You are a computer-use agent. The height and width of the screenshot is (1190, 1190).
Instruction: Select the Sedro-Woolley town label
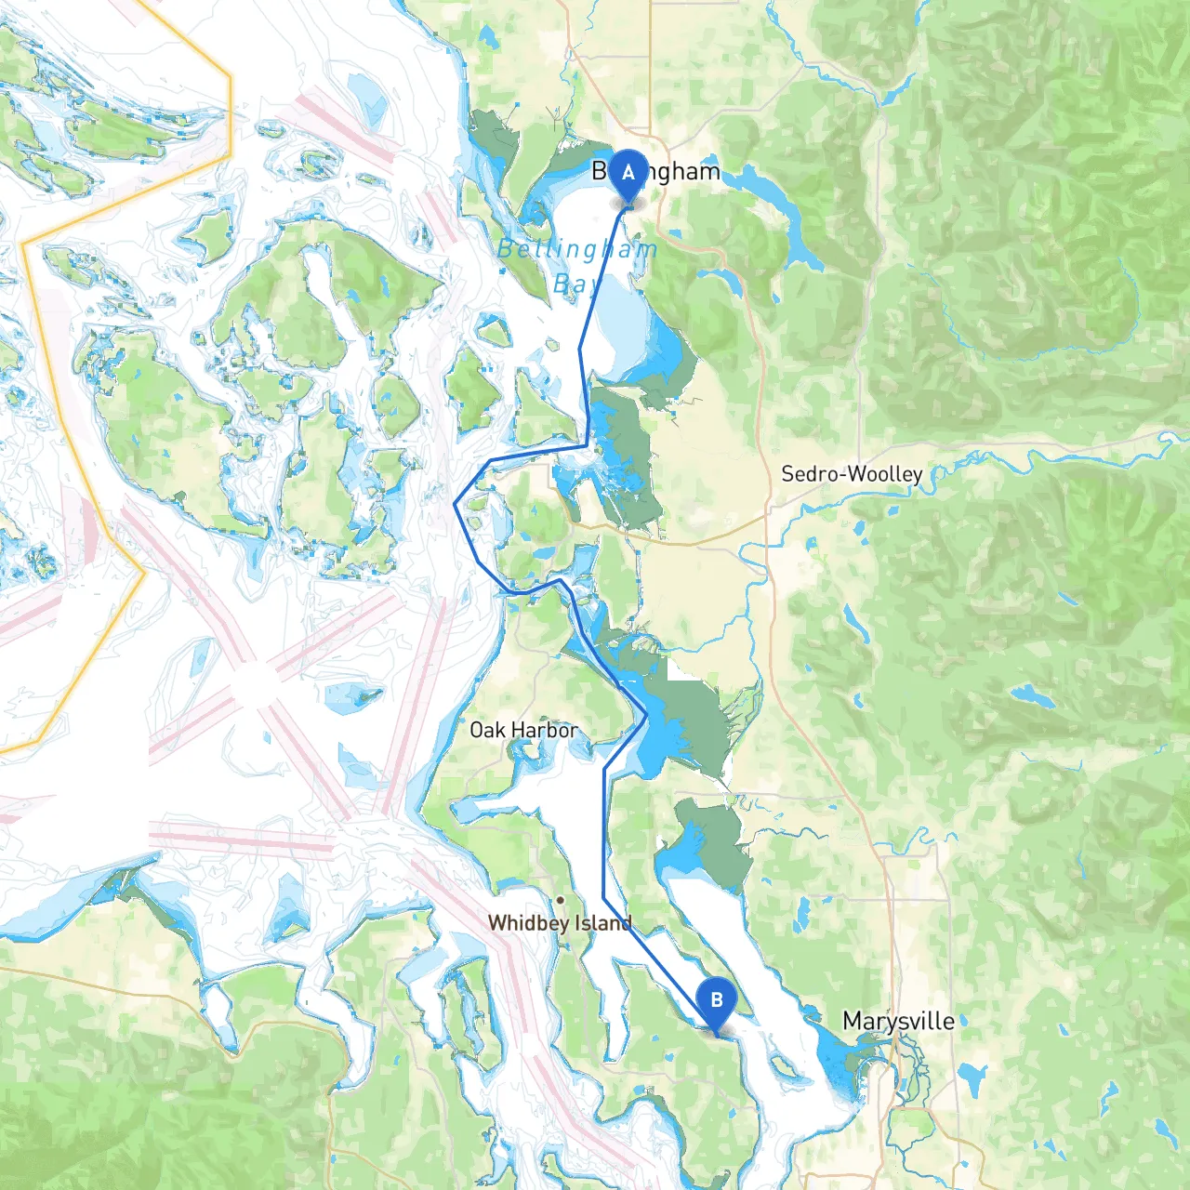coord(851,474)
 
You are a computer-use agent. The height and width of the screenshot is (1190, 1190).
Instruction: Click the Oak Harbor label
coord(523,730)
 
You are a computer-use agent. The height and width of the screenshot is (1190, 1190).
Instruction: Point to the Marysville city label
coord(898,1021)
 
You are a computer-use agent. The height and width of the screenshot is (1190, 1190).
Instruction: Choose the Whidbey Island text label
coord(560,923)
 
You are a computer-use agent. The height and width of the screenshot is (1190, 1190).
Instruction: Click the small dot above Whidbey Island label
coord(560,900)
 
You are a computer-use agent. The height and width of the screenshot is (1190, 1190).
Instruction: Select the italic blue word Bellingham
coord(576,249)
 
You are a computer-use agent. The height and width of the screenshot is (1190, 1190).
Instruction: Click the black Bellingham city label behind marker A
coord(683,172)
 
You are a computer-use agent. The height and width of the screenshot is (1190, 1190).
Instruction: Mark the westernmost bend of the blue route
coord(455,504)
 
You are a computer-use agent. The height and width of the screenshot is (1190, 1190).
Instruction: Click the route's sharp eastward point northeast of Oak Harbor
coord(646,716)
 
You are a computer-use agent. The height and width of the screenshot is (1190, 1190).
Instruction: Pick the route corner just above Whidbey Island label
coord(604,898)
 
